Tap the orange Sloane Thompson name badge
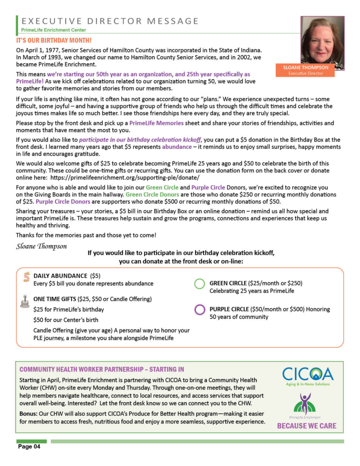(x=306, y=70)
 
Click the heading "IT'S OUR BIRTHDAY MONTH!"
(x=54, y=40)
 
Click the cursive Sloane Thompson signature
(x=41, y=246)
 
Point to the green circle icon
(x=199, y=284)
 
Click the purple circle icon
(x=199, y=310)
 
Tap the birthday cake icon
(x=24, y=301)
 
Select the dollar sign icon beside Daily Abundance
(x=26, y=277)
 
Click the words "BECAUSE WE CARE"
(x=307, y=426)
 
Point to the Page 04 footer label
(x=29, y=447)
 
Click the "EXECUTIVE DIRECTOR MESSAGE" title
(x=110, y=21)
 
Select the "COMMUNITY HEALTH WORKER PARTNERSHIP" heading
(x=102, y=369)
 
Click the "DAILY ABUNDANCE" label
(x=60, y=276)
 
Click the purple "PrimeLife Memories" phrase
(x=156, y=123)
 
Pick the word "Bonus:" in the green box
(x=28, y=414)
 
